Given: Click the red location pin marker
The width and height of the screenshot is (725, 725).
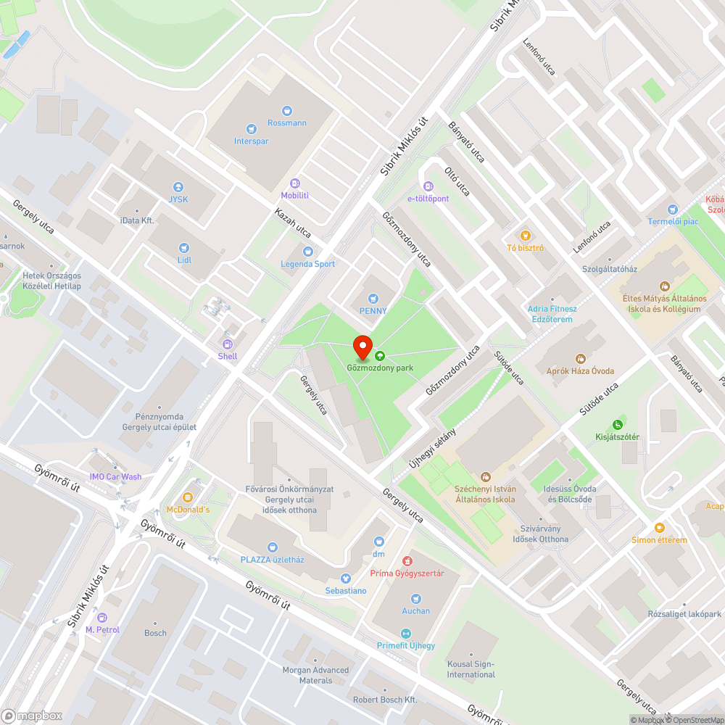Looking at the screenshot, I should point(362,347).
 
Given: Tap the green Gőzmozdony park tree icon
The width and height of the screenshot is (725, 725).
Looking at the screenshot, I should point(380,355).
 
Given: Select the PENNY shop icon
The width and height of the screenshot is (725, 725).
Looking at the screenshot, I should point(373,298).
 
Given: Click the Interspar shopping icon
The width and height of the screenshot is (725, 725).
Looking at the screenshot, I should point(251,128).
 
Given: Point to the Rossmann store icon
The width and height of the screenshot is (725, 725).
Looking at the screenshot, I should point(287,110).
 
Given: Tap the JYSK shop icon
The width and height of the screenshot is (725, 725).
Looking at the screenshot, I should point(178,186).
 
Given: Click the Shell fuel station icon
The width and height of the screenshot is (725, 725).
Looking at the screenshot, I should point(228,344).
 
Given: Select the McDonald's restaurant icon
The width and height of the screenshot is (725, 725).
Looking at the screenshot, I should point(188,497).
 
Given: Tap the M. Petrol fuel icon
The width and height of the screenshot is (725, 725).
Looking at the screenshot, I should point(102,617).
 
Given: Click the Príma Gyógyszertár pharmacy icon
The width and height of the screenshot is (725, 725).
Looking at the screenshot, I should point(407,560).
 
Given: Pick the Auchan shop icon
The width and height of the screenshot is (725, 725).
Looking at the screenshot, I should point(415,598).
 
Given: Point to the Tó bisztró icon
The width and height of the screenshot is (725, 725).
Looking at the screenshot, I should point(525,235).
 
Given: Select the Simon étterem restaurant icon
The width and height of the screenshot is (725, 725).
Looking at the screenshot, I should point(659,527).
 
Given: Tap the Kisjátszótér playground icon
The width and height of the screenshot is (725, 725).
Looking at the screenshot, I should point(617,424).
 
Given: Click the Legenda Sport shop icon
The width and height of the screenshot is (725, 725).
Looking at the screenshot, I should point(307,251).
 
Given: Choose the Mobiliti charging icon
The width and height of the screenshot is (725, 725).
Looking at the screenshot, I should point(294,183).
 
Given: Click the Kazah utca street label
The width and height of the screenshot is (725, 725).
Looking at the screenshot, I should point(293,223).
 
